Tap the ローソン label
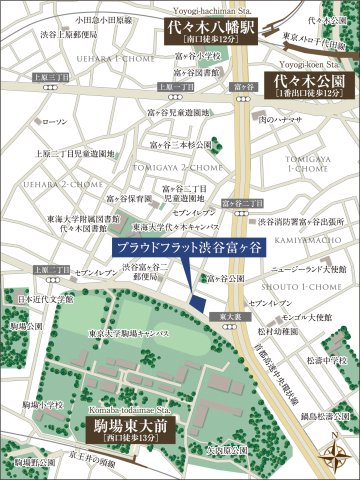click(56, 122)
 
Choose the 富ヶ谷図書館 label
click(199, 73)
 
